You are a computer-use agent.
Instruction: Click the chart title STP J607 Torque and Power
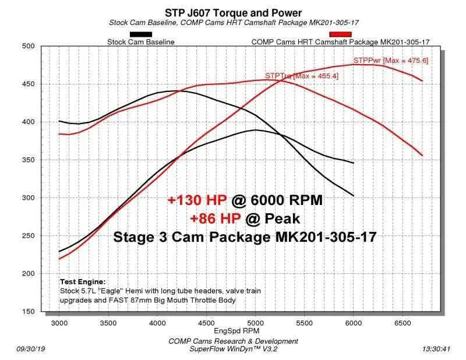233,12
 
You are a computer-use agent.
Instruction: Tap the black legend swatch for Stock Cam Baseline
141,34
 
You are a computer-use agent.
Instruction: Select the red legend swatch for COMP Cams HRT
340,34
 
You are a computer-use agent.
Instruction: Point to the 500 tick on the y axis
29,46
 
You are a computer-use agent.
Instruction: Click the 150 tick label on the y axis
29,312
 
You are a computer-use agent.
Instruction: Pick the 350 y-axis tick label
29,160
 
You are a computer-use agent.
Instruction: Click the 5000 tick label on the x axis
255,322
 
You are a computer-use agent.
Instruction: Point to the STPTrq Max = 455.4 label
301,76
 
